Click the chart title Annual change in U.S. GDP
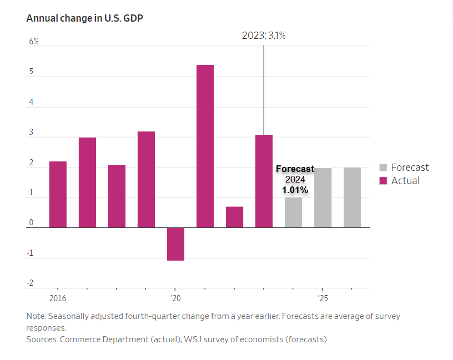point(82,18)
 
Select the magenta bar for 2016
point(58,194)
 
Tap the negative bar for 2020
point(175,244)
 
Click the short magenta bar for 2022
point(234,217)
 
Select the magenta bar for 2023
point(264,181)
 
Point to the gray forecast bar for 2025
point(323,197)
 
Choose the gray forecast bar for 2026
point(352,197)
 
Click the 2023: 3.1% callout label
point(264,36)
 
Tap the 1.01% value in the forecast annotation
point(295,190)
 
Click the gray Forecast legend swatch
point(383,168)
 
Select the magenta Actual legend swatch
point(383,181)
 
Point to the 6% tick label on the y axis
point(34,42)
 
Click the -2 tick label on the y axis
point(31,283)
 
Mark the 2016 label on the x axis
point(57,298)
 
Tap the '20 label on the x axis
point(175,298)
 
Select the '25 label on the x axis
point(323,298)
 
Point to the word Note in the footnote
point(36,316)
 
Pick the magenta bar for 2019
point(146,179)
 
